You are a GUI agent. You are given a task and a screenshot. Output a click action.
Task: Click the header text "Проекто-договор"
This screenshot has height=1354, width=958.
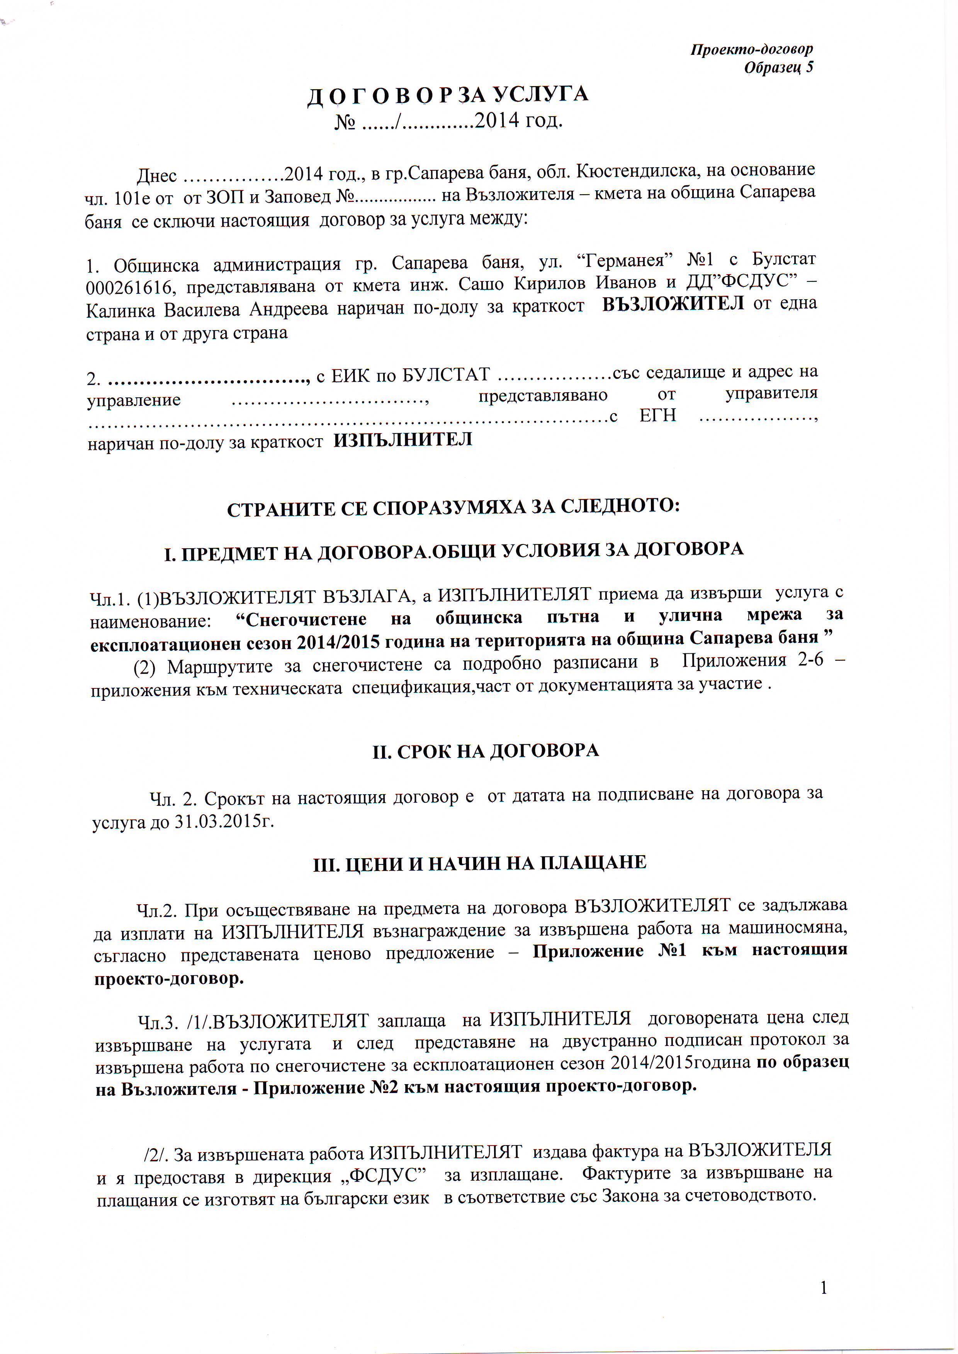[752, 49]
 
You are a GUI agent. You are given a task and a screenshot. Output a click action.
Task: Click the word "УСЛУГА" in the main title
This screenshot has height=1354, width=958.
[540, 94]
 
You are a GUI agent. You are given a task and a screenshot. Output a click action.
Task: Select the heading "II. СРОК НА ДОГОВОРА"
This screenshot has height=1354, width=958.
[486, 752]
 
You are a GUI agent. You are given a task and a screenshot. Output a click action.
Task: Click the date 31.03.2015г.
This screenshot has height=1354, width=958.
[224, 822]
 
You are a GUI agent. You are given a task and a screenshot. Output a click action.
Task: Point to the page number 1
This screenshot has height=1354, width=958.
[824, 1288]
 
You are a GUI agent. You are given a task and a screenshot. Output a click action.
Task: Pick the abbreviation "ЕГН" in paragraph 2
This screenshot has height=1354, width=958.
[658, 416]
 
